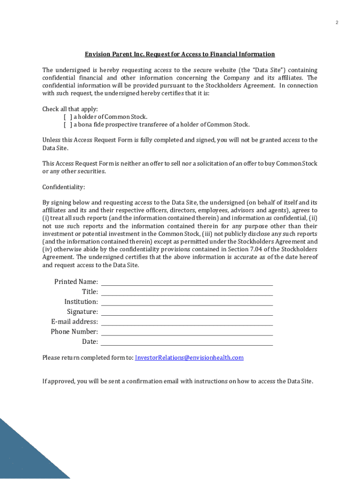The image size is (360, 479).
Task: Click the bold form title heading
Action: [180, 54]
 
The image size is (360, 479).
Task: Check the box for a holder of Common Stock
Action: [68, 117]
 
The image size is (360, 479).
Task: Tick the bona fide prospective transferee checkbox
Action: [68, 125]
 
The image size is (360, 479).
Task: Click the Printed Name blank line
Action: [187, 282]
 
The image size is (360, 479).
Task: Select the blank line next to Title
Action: [187, 292]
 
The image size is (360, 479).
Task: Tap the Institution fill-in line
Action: [187, 302]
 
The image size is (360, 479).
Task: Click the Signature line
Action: [187, 312]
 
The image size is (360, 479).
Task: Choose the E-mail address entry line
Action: [187, 322]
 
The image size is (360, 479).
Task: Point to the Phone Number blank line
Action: [187, 332]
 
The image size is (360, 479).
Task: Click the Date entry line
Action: [187, 342]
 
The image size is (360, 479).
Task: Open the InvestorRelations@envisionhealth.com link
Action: [189, 358]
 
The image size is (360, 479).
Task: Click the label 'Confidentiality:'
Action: [64, 187]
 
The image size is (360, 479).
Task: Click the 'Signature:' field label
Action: [82, 312]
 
